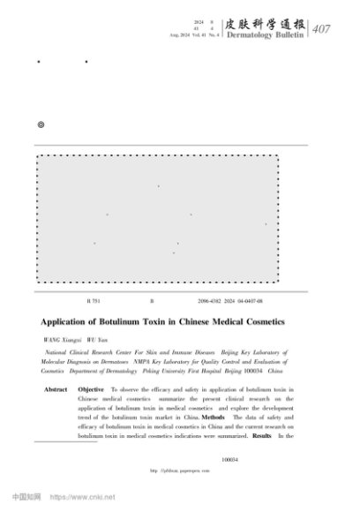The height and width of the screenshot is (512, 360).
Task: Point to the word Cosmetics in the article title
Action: pyautogui.click(x=285, y=322)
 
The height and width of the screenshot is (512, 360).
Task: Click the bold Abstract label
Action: pyautogui.click(x=56, y=389)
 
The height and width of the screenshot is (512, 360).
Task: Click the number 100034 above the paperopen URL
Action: pyautogui.click(x=231, y=459)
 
